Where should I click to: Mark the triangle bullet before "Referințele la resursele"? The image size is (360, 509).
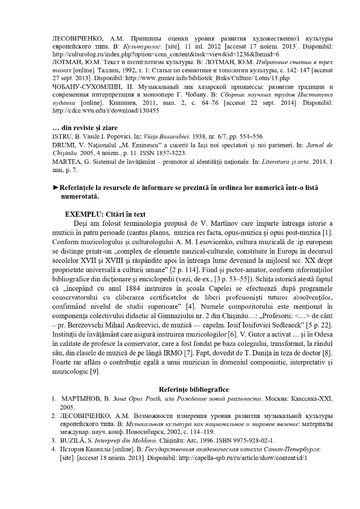tap(56, 188)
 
